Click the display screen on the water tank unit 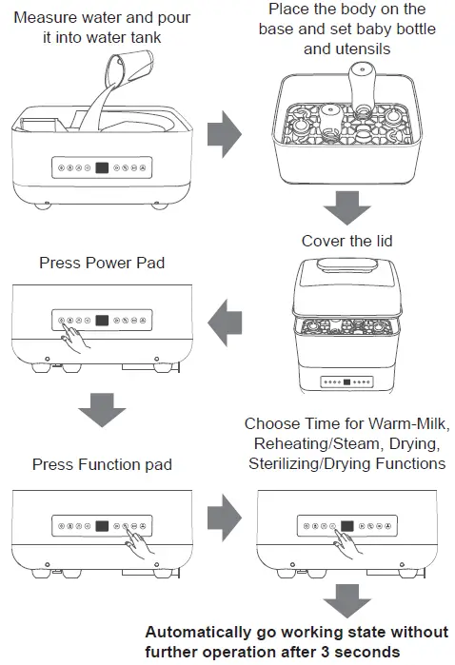102,168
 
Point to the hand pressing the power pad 76,334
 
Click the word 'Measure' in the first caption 44,17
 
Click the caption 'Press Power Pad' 102,263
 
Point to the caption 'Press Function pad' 102,464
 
